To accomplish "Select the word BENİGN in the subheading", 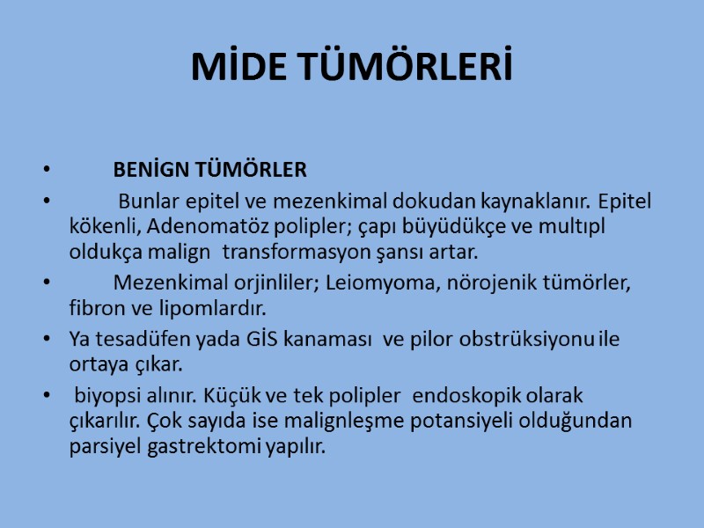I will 145,169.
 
